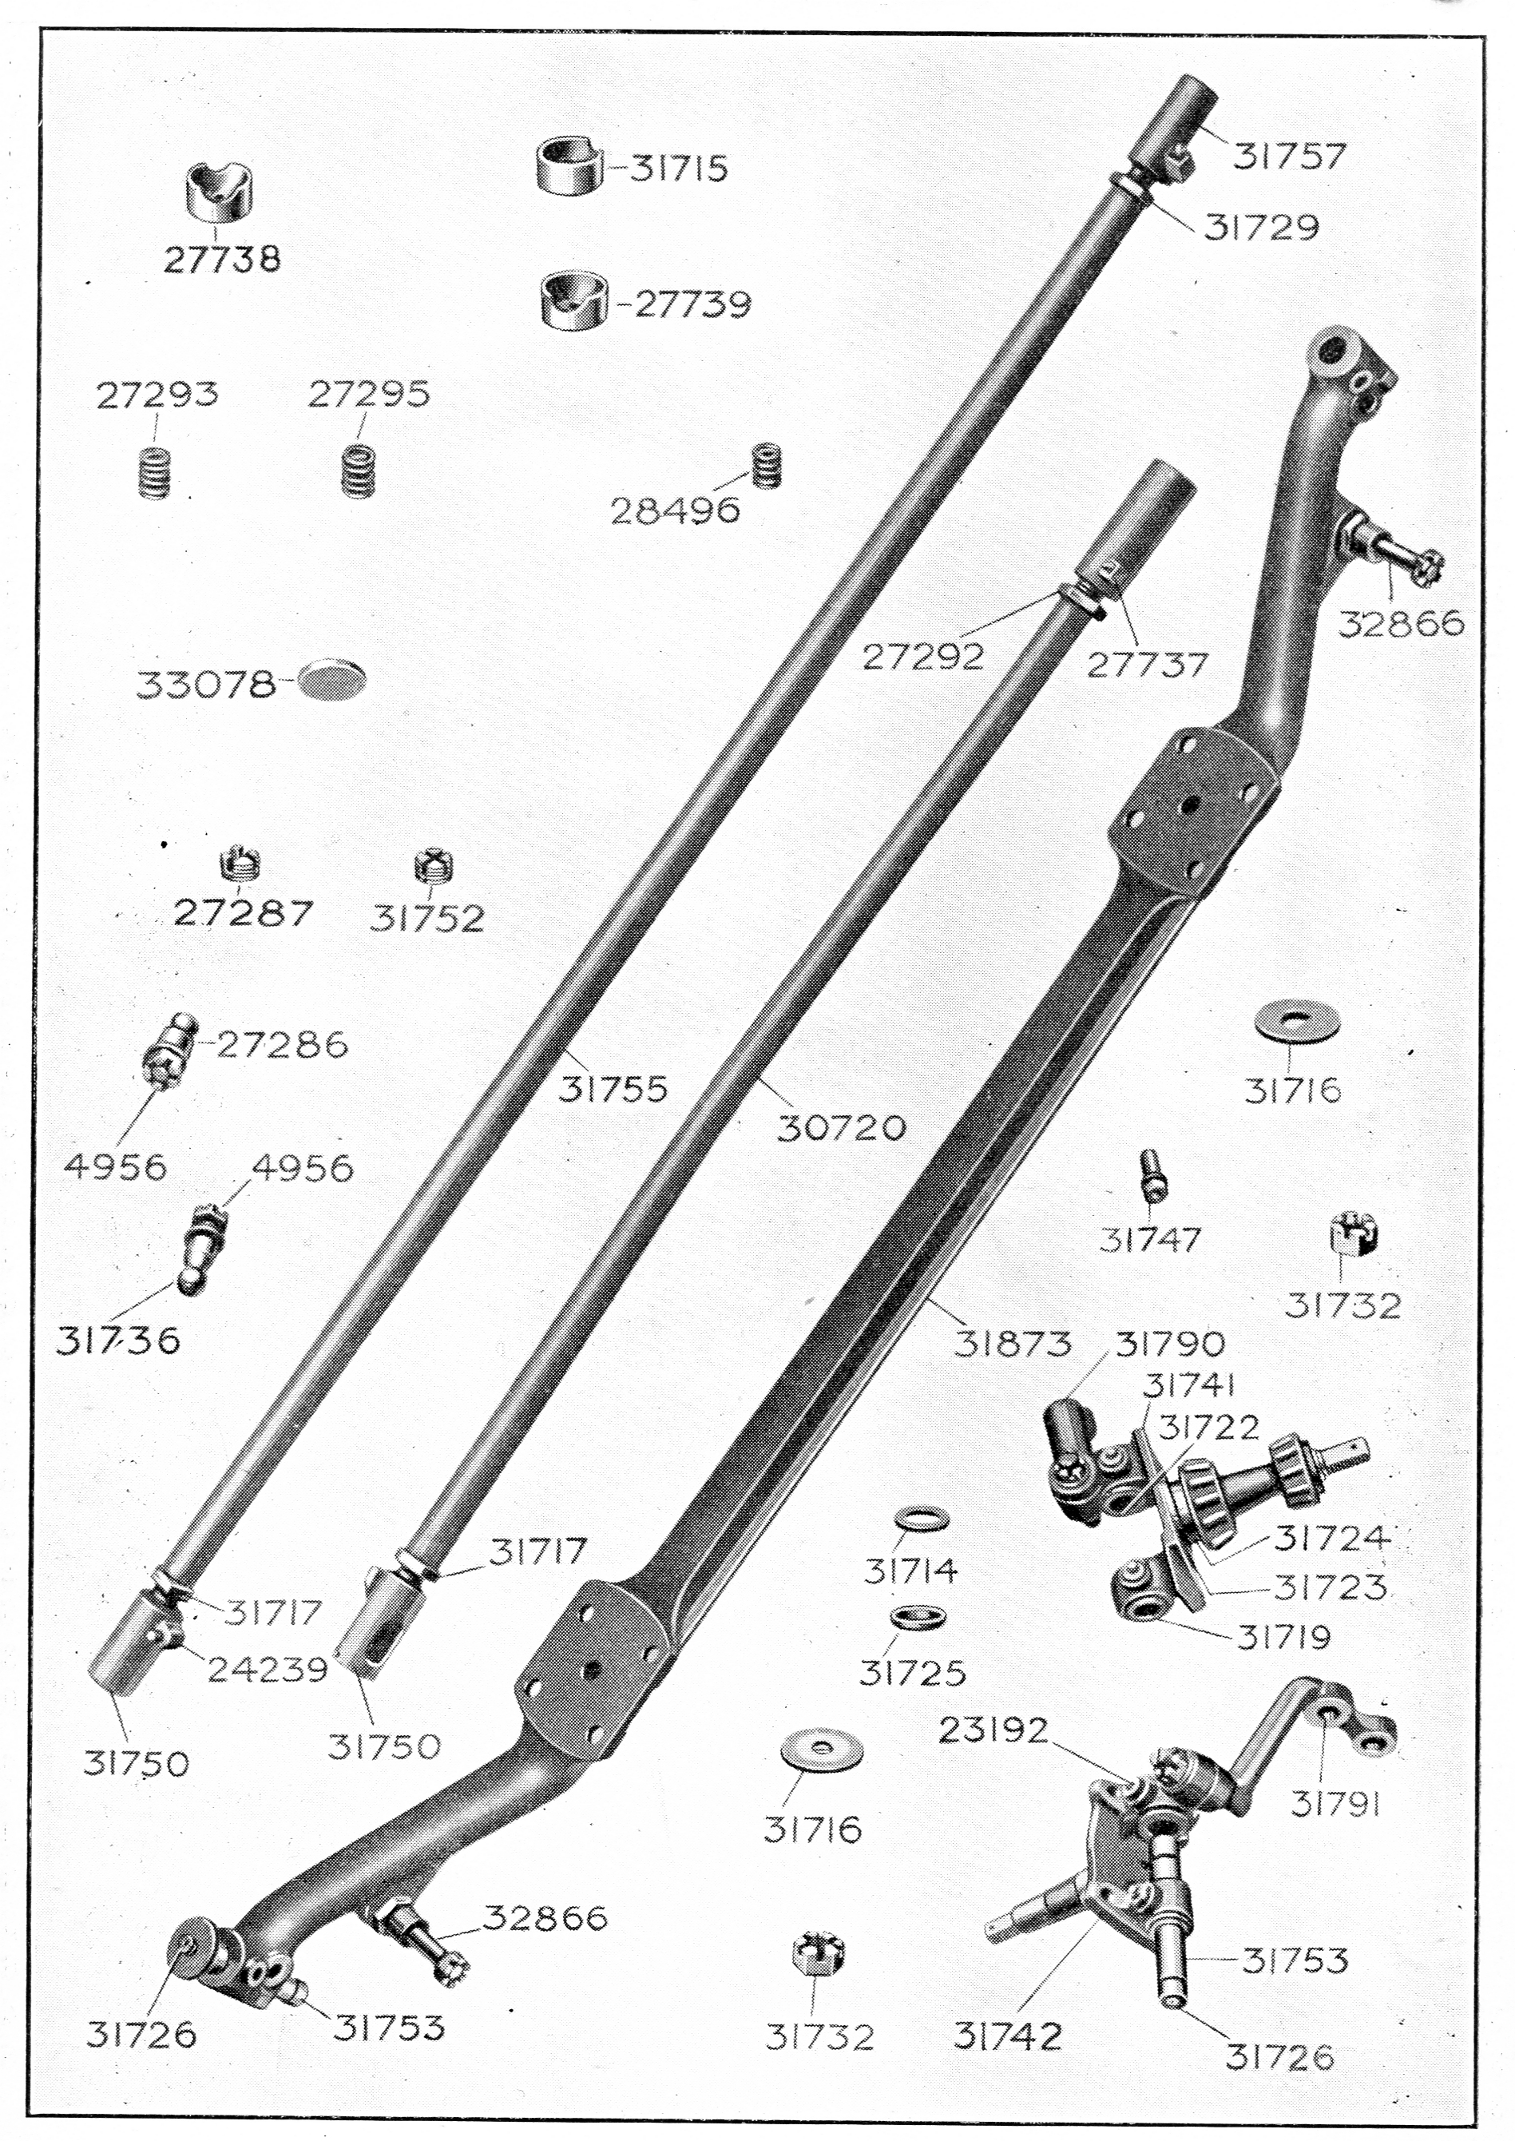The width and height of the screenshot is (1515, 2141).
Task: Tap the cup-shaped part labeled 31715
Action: tap(570, 166)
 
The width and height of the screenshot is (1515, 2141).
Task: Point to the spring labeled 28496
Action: tap(767, 465)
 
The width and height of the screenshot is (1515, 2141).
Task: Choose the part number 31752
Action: tap(428, 919)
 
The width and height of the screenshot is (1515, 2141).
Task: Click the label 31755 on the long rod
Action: tap(613, 1090)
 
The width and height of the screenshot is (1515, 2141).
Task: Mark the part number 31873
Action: tap(1011, 1344)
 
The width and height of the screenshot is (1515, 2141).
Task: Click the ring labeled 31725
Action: tap(906, 1617)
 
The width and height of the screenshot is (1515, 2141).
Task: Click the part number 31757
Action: tap(1290, 156)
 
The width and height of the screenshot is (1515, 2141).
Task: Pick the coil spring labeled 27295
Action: tap(354, 471)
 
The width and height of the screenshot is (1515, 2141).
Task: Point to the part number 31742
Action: tap(1008, 2036)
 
